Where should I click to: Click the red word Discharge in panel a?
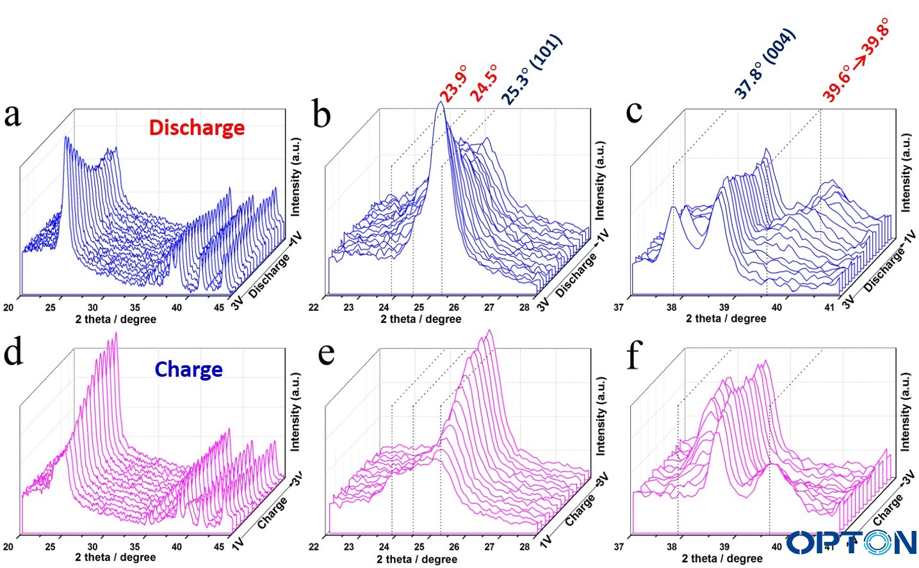197,127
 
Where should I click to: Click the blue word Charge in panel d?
188,369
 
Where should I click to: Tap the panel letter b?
321,114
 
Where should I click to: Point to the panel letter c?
633,111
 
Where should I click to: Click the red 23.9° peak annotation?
453,83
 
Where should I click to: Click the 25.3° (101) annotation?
531,70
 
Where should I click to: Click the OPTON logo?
851,542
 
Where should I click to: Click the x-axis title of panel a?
115,319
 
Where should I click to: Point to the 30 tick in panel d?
92,547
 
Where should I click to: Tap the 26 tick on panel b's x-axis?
454,308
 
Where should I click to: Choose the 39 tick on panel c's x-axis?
724,307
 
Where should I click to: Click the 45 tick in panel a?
219,308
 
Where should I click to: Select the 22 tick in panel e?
314,547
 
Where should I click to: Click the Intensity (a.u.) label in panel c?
906,173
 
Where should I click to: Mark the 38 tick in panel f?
671,547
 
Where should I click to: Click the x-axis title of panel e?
417,559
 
